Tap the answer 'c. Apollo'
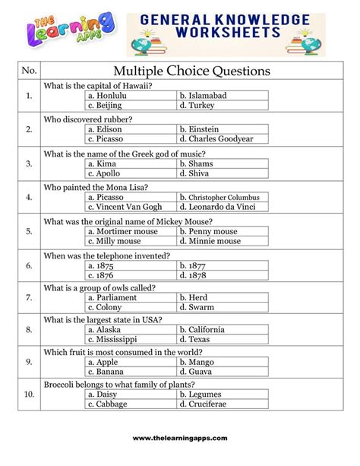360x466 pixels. tap(106, 173)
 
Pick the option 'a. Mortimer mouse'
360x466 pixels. tap(123, 231)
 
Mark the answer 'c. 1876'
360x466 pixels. tap(102, 275)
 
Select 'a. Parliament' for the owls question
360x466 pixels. tap(112, 298)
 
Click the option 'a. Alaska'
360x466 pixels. tap(105, 330)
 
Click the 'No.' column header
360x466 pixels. tap(29, 71)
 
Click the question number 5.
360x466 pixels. tap(29, 231)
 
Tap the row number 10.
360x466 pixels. tap(29, 395)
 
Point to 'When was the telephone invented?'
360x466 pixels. tap(106, 255)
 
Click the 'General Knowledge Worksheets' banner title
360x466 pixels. tap(226, 24)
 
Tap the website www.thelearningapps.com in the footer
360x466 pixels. tap(180, 439)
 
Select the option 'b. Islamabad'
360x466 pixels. tap(204, 97)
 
